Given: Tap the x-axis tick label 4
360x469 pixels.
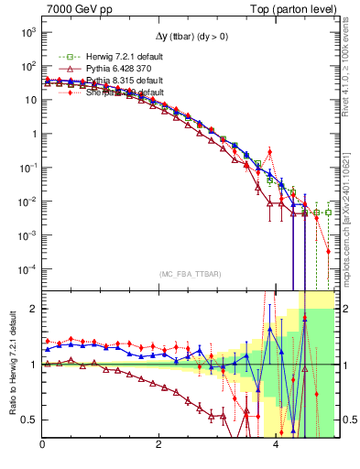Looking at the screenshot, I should (x=276, y=445).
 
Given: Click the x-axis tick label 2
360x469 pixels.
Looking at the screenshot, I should (x=159, y=445).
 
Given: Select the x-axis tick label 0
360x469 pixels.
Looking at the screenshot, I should (x=42, y=445).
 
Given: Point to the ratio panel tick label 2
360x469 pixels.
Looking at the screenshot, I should (x=33, y=309).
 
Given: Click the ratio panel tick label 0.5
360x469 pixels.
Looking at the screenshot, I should (x=29, y=420).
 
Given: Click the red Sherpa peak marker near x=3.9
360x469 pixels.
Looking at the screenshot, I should (x=270, y=151).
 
